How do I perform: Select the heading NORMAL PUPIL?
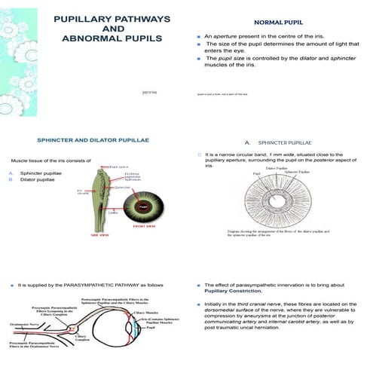(x=279, y=23)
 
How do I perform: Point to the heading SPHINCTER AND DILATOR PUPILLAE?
(x=92, y=141)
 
